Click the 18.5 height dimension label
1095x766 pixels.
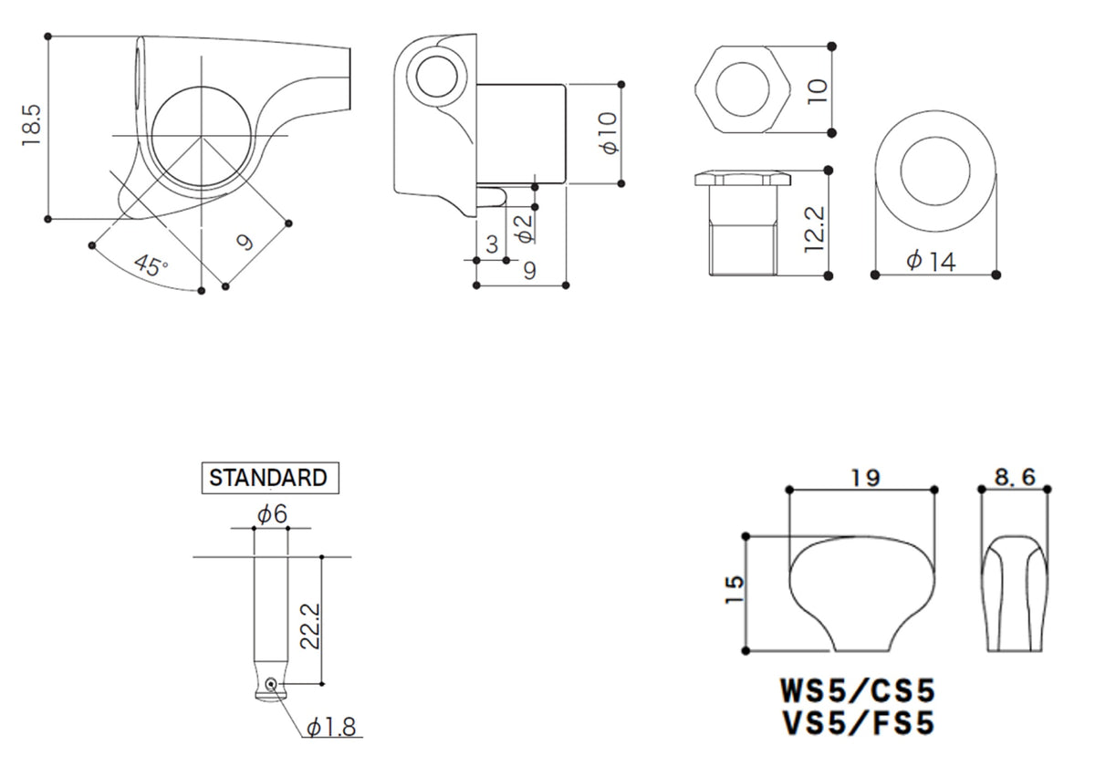point(33,127)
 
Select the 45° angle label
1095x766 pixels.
point(151,265)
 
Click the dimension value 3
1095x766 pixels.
point(492,244)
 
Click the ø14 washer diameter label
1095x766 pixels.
point(931,262)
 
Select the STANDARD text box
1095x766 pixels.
point(268,477)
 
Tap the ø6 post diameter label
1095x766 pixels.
point(272,515)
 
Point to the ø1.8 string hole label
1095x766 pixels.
point(333,728)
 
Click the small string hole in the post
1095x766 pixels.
point(271,683)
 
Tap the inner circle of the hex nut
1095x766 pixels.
point(741,89)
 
